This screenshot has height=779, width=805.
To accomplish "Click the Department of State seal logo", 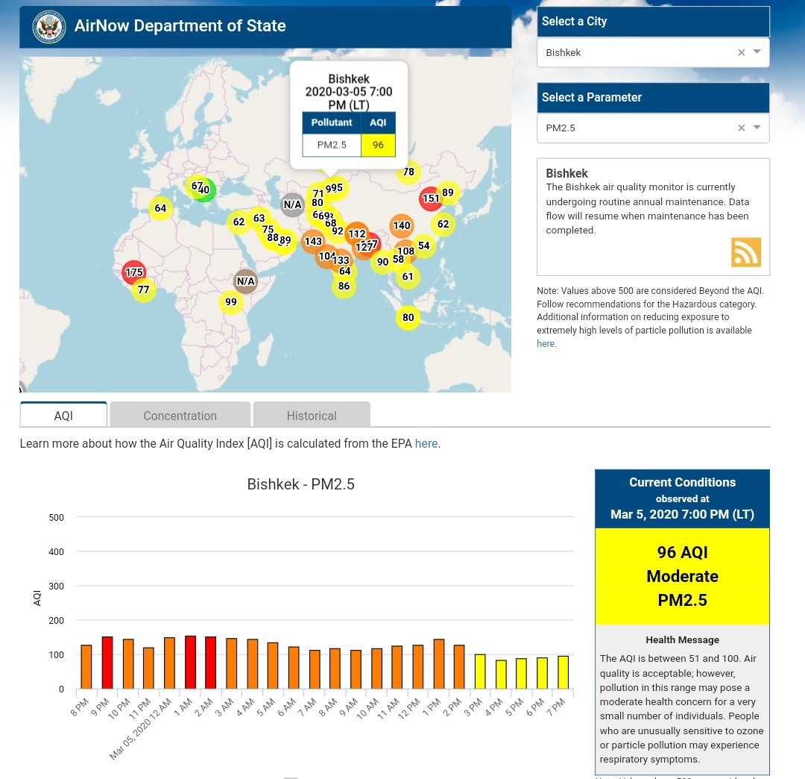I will point(49,27).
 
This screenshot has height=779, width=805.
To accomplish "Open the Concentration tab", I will point(180,416).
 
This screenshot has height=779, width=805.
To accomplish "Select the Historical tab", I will point(312,416).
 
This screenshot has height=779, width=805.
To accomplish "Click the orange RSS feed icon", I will point(745,252).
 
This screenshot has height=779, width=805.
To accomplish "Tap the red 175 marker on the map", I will point(134,272).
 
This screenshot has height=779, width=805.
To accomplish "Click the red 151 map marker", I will point(431,198).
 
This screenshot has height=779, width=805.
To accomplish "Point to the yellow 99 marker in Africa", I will point(231,302).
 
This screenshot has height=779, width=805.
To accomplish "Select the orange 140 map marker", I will point(402,225).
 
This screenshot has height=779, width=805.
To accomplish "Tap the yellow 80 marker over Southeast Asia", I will point(408,318).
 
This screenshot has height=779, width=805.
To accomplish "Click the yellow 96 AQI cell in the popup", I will point(378,145).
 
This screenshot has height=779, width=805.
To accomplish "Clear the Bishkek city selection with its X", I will point(741,53).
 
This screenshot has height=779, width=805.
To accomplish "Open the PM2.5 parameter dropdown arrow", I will point(757,128).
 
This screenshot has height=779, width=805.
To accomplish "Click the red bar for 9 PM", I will point(107,663).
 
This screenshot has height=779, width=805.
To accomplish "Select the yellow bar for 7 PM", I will point(563,672).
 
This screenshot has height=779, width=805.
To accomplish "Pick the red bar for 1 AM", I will point(190,663).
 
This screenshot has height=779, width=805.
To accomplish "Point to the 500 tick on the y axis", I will point(57,518).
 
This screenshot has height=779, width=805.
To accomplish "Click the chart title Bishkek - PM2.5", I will point(300,484).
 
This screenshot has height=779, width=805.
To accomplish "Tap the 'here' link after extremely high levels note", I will point(546,344).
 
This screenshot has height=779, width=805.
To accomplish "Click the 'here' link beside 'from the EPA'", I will point(426,443).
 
